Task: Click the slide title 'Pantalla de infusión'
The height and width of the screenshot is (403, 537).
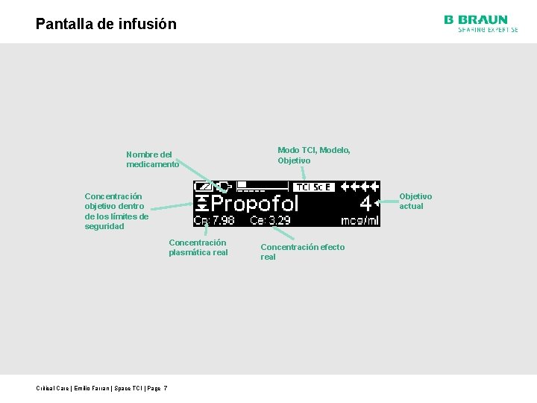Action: pos(106,24)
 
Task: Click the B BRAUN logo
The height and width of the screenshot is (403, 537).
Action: pos(476,20)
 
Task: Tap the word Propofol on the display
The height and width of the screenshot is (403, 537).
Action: pos(255,204)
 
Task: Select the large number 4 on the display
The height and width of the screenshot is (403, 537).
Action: pos(365,204)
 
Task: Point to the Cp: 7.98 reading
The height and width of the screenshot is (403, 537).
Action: pos(214,220)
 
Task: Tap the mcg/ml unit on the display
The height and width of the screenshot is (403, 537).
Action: pos(360,220)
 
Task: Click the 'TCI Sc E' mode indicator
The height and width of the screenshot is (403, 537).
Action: pos(314,187)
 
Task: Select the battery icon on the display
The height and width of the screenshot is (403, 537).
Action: pos(202,187)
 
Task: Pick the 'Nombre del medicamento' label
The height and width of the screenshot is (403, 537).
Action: pos(152,159)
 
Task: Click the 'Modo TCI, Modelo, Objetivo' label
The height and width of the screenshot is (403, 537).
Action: pos(313,155)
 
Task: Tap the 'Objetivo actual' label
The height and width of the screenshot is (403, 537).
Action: pos(415,201)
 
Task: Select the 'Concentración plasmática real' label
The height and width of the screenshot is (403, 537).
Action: pos(198,247)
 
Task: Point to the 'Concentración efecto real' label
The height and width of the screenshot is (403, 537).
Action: pos(302,252)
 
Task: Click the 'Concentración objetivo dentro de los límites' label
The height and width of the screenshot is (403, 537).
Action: pos(116,211)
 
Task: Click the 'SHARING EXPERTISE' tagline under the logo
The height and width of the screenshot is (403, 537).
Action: pos(488,30)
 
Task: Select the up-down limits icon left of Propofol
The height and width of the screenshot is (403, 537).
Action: pos(201,204)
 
